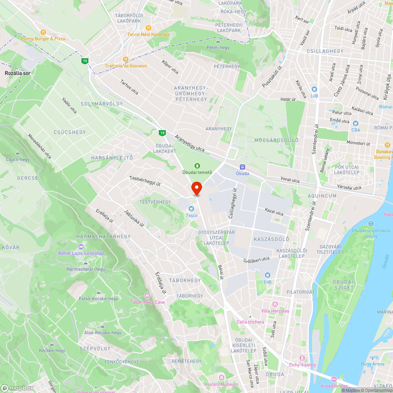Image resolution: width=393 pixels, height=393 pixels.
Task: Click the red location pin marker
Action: click(196, 188)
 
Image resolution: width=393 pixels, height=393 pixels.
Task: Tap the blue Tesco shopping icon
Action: click(191, 209)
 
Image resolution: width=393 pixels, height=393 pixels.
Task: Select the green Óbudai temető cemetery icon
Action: click(197, 166)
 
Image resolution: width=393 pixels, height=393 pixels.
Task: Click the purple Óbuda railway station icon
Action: click(242, 167)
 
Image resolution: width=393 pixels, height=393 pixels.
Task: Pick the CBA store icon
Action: click(355, 123)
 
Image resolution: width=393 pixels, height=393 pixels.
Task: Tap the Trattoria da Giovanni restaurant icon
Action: click(126, 59)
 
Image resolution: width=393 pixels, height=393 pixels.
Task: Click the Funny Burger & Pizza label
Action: click(43, 39)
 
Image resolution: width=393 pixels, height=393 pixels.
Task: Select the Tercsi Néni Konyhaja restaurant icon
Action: click(148, 28)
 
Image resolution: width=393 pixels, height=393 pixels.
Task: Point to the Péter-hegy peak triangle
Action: click(218, 41)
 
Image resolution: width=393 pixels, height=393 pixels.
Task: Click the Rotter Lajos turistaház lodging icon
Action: click(81, 247)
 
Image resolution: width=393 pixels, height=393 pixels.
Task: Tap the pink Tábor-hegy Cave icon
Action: click(147, 296)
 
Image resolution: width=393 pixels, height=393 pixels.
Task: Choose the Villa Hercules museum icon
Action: click(275, 305)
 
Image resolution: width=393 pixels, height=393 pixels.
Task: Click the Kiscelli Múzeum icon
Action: click(221, 378)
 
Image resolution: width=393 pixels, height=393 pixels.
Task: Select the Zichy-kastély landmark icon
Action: click(302, 358)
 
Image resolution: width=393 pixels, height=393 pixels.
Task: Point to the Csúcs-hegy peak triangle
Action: click(18, 153)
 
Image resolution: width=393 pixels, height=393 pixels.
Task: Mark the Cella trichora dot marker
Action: click(250, 317)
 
